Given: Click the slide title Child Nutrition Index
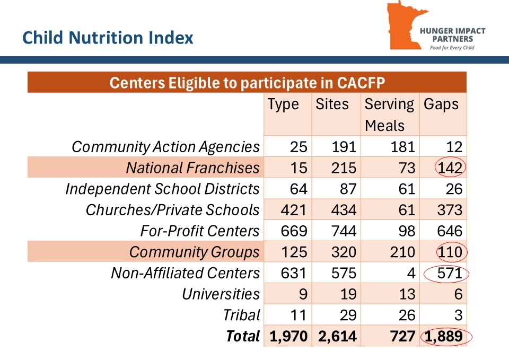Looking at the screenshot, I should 108,38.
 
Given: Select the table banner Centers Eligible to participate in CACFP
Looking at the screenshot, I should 247,83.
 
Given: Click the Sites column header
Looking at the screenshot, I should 332,104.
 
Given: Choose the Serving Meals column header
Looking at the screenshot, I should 389,115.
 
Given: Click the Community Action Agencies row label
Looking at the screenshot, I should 165,147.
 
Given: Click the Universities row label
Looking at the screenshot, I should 221,294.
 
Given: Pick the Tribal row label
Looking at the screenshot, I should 243,315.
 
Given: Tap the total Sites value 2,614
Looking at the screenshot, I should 334,336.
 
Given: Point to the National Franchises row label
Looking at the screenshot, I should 192,168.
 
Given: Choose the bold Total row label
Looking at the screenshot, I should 243,336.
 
